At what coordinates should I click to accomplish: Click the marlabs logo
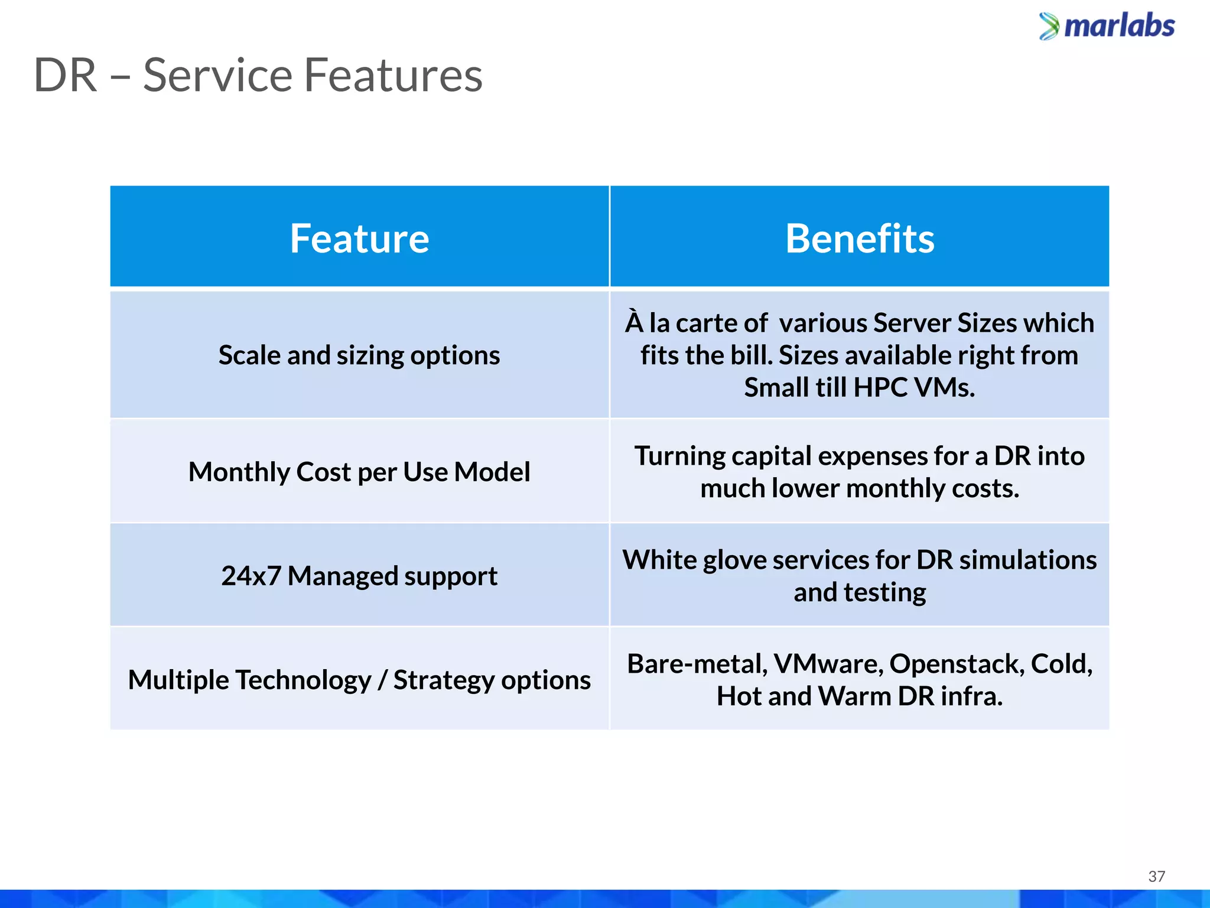click(x=1107, y=27)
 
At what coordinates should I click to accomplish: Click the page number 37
click(x=1156, y=877)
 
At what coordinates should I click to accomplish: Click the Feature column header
click(x=359, y=239)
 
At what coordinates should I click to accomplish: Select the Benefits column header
click(x=860, y=239)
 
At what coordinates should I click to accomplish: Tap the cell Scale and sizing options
click(x=359, y=355)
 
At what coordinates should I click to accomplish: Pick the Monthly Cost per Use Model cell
click(x=359, y=472)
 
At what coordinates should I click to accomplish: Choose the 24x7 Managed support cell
click(x=359, y=576)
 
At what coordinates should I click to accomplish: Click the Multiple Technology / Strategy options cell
click(x=359, y=680)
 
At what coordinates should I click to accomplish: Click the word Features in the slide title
click(x=393, y=76)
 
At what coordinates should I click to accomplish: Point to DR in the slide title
click(x=65, y=76)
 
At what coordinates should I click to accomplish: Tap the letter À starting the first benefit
click(x=634, y=322)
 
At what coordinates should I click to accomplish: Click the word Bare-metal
click(x=697, y=664)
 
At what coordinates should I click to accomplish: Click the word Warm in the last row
click(x=854, y=696)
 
